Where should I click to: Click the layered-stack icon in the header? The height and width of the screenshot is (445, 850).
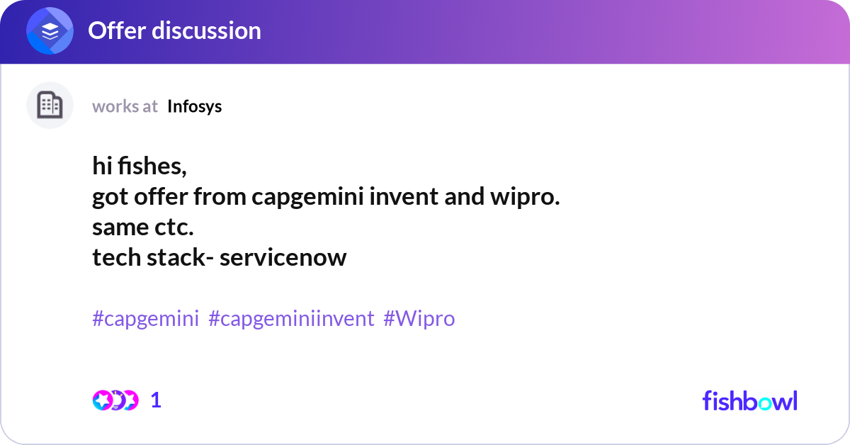click(x=50, y=31)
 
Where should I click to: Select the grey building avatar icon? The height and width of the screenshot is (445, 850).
click(x=50, y=106)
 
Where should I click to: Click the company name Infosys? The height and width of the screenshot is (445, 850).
click(x=194, y=106)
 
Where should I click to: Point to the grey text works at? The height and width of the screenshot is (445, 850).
click(x=125, y=106)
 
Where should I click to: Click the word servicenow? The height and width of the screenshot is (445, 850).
click(x=283, y=257)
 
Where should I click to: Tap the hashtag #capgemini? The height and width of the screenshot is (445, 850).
click(x=145, y=319)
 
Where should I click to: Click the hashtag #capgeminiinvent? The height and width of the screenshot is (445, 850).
click(x=291, y=319)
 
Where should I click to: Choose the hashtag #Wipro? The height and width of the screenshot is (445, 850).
click(x=419, y=319)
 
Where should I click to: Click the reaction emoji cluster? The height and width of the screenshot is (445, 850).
click(x=115, y=400)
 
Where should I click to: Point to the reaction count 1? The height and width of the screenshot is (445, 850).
click(x=156, y=400)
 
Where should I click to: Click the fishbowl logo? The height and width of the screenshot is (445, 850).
click(x=749, y=400)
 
